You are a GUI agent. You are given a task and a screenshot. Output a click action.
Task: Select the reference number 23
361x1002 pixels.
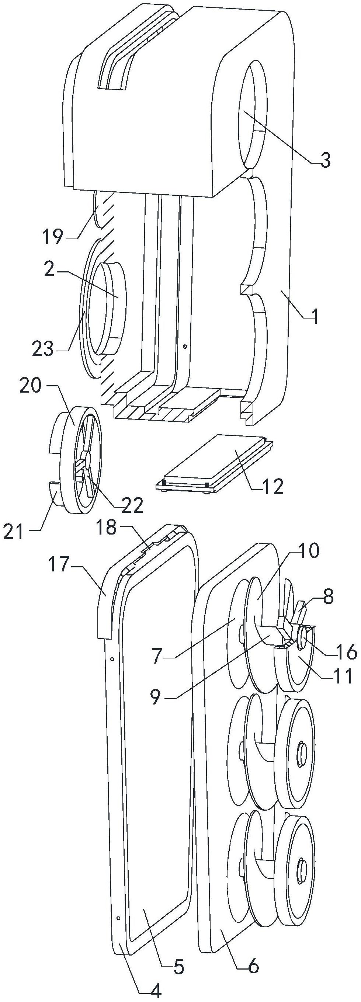pos(43,348)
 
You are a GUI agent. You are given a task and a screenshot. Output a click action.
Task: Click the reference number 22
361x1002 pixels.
pos(132,505)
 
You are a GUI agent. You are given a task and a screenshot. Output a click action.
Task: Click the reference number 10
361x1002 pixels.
pos(309,550)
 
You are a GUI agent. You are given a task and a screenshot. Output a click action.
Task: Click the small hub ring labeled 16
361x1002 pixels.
pos(302,640)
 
